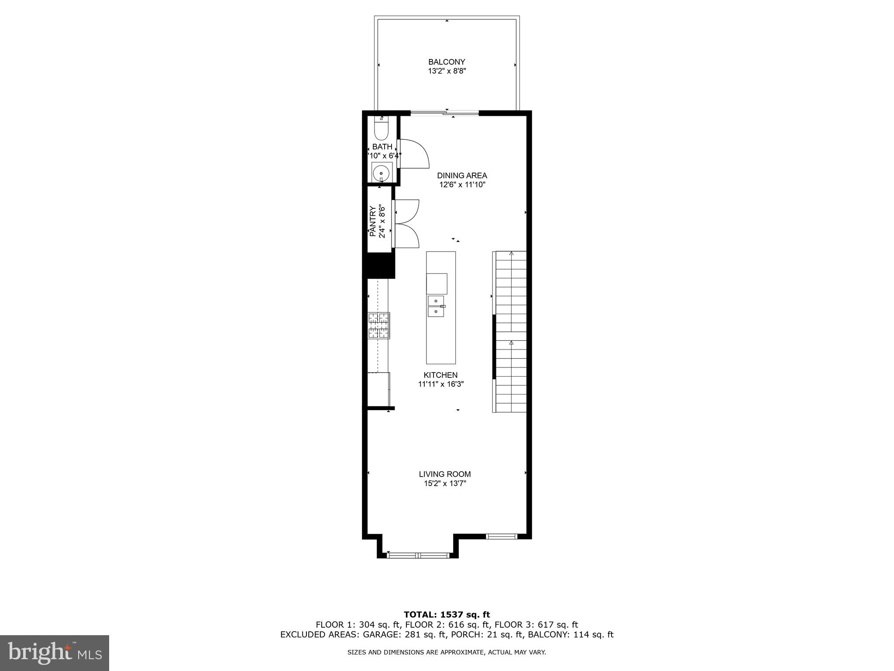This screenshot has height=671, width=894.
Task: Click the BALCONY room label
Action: click(x=447, y=62)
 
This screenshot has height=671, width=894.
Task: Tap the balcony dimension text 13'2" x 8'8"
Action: click(x=447, y=71)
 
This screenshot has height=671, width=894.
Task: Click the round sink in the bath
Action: click(x=381, y=172)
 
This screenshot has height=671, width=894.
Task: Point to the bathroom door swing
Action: click(x=414, y=154)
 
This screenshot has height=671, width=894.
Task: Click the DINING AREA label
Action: click(x=462, y=176)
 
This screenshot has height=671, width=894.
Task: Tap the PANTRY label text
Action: click(x=373, y=221)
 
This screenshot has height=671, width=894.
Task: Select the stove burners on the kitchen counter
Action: click(x=379, y=325)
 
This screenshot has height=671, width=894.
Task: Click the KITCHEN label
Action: click(x=440, y=375)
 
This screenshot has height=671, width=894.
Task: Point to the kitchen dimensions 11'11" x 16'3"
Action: click(x=440, y=384)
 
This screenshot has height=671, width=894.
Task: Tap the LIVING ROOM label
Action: click(x=445, y=474)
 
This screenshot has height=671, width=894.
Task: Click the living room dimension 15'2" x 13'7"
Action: click(x=445, y=484)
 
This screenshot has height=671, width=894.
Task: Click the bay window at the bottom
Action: click(x=418, y=555)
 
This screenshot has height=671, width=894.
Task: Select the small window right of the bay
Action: click(x=502, y=536)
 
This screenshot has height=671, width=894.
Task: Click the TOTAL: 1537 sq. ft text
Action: click(x=447, y=615)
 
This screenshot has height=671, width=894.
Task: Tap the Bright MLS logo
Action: click(x=55, y=653)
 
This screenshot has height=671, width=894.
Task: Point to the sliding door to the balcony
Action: click(x=444, y=114)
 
